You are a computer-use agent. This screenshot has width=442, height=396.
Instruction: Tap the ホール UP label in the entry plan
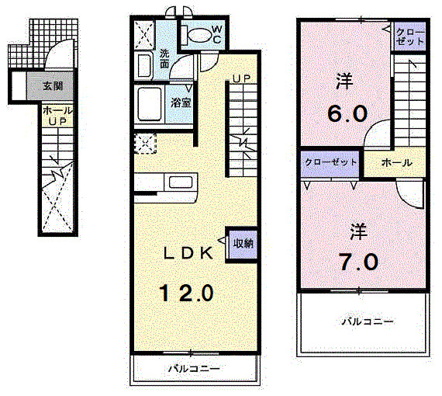point(53,116)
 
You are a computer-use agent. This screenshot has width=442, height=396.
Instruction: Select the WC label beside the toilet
point(216,34)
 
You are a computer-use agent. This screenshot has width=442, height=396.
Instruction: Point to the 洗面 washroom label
point(164,59)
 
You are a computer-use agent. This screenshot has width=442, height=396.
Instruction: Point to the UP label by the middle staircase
point(241,78)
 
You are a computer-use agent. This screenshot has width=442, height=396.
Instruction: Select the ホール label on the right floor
point(396,163)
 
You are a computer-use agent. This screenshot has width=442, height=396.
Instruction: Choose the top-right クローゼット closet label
point(409,37)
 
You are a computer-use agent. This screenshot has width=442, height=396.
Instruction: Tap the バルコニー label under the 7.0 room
point(368,320)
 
